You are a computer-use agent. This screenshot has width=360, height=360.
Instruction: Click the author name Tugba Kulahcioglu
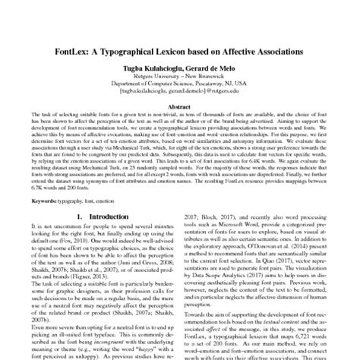click(x=147, y=69)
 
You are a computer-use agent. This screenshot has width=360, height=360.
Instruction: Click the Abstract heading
click(x=179, y=108)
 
